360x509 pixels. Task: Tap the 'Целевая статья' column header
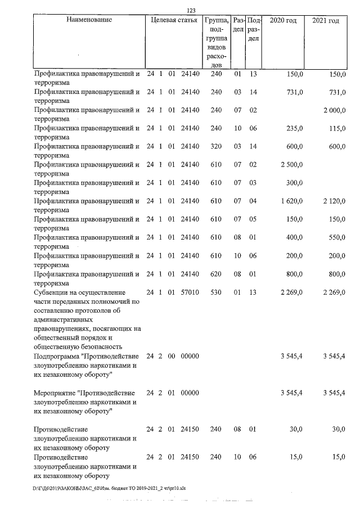pyautogui.click(x=174, y=20)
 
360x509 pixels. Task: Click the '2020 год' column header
pyautogui.click(x=283, y=20)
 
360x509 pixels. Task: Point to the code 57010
pyautogui.click(x=191, y=292)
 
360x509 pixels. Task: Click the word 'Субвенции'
pyautogui.click(x=52, y=292)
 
